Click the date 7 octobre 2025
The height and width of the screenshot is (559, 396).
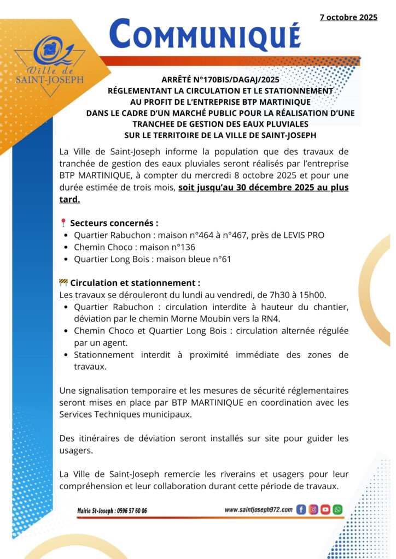pos(348,17)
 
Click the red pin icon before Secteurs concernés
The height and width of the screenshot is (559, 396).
pos(63,223)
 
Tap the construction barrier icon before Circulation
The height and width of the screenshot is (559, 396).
pos(63,283)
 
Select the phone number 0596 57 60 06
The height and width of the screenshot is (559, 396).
pos(128,511)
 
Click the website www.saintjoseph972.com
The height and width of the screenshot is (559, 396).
pos(259,509)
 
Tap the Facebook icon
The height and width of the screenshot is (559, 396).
pos(301,510)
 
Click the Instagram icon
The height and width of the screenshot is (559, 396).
pos(313,510)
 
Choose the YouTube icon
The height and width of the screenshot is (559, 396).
pos(325,510)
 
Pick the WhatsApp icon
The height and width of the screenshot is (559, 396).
pos(337,510)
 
